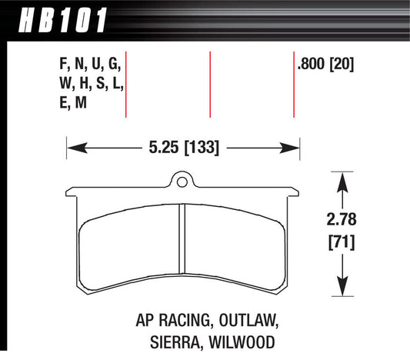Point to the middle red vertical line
click(210, 85)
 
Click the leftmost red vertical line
click(125, 85)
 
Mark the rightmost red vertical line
click(295, 85)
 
